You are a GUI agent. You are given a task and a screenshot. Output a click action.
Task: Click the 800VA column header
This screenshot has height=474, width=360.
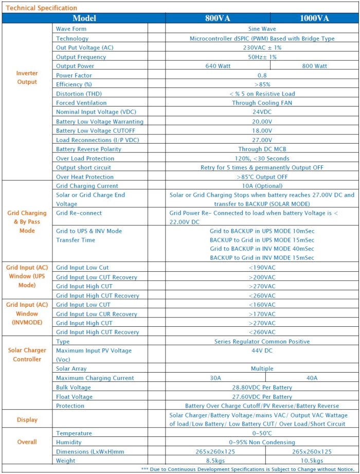[218, 19]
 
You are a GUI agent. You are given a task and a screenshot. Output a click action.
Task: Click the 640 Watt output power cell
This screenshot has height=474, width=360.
[218, 66]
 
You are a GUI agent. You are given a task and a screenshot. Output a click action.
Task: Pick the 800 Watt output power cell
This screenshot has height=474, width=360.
[314, 66]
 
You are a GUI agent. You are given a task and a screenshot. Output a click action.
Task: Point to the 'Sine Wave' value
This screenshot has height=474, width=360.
[262, 29]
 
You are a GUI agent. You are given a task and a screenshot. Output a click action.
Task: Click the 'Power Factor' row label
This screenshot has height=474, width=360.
[74, 75]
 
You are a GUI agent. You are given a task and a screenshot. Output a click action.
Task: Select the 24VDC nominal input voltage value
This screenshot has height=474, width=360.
[262, 112]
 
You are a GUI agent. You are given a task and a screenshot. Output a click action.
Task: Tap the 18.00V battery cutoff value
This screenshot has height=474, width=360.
[262, 131]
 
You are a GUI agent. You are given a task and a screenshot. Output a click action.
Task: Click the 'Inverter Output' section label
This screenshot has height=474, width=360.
[27, 78]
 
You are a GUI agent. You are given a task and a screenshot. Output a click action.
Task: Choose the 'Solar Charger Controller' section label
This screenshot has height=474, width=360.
[27, 355]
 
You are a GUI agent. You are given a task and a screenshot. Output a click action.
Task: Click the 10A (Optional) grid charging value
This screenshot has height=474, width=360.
[262, 186]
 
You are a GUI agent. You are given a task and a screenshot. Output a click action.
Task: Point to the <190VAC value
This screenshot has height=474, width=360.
[262, 268]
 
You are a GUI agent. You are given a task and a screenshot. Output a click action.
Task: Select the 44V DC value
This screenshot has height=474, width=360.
[262, 350]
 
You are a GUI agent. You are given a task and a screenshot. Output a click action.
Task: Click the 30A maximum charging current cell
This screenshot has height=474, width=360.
[215, 378]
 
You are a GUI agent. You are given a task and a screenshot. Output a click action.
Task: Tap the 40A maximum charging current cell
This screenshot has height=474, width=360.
[312, 378]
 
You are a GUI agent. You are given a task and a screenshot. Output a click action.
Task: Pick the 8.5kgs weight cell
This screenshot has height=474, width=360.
[215, 461]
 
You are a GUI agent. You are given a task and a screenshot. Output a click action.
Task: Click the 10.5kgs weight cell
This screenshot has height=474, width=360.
[312, 461]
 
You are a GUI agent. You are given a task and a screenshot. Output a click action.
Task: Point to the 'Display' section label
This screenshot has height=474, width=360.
[27, 419]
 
